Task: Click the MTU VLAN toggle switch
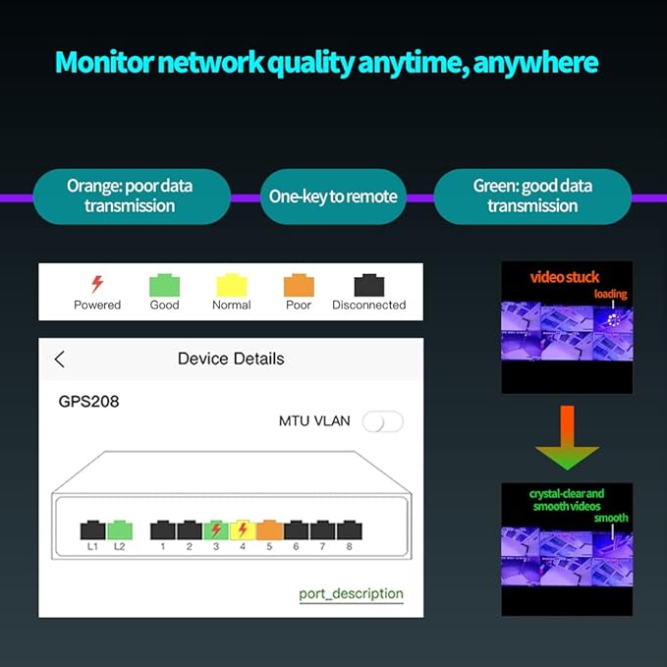tap(382, 421)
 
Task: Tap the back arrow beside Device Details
tap(60, 359)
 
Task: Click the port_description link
tap(351, 593)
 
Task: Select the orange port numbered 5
tap(270, 529)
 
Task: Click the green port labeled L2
tap(119, 529)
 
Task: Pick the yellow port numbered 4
tap(243, 529)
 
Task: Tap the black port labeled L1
tap(92, 529)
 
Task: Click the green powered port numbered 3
tap(216, 529)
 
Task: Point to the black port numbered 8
tap(349, 529)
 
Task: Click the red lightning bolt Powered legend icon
tap(97, 285)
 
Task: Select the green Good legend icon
tap(164, 285)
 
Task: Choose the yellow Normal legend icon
tap(231, 285)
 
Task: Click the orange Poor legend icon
tap(299, 285)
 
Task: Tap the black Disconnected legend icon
tap(368, 285)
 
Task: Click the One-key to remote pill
tap(333, 196)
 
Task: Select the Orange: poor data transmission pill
tap(130, 196)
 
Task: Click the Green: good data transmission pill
tap(532, 196)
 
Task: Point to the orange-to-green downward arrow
tap(567, 437)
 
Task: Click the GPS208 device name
tap(88, 402)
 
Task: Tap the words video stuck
tap(565, 277)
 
